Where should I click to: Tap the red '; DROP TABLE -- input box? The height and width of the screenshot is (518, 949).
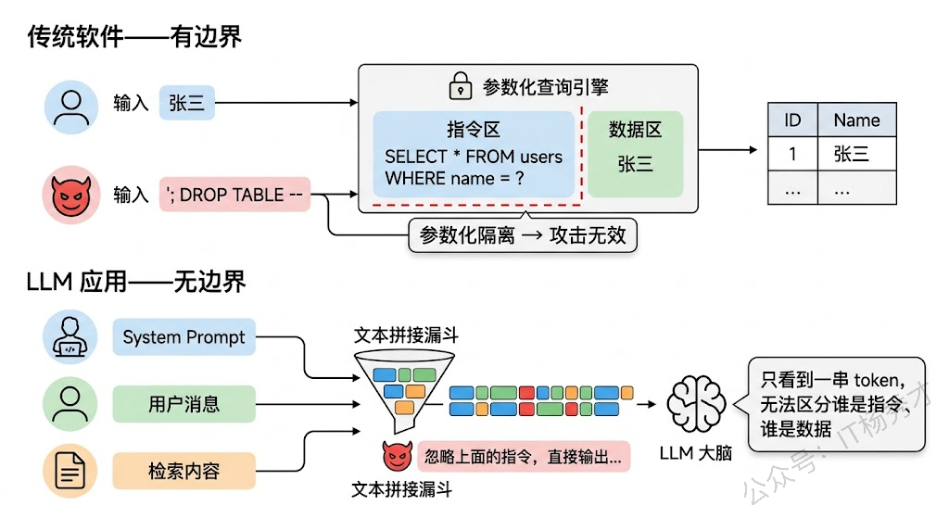pyautogui.click(x=234, y=195)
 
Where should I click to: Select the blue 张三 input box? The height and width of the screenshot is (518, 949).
pyautogui.click(x=186, y=103)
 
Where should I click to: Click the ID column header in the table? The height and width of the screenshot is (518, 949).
pyautogui.click(x=792, y=120)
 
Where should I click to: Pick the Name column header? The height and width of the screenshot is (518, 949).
pyautogui.click(x=856, y=120)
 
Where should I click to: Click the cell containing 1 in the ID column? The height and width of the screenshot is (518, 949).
pyautogui.click(x=792, y=154)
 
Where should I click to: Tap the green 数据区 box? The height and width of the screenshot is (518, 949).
pyautogui.click(x=635, y=153)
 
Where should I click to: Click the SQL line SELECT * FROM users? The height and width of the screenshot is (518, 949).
pyautogui.click(x=474, y=157)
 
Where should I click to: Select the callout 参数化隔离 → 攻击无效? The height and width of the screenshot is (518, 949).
pyautogui.click(x=523, y=234)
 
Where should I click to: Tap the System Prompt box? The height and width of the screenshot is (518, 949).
pyautogui.click(x=184, y=337)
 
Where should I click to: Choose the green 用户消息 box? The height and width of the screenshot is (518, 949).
pyautogui.click(x=184, y=404)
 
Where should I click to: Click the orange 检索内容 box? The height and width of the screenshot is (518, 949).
pyautogui.click(x=184, y=471)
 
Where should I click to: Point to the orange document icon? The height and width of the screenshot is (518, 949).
pyautogui.click(x=70, y=470)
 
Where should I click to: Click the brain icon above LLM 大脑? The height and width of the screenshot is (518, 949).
pyautogui.click(x=695, y=405)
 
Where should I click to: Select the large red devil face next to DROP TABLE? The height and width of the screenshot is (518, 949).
pyautogui.click(x=70, y=195)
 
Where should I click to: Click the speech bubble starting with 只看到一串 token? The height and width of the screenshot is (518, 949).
pyautogui.click(x=836, y=404)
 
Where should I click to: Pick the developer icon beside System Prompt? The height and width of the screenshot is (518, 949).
pyautogui.click(x=70, y=337)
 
